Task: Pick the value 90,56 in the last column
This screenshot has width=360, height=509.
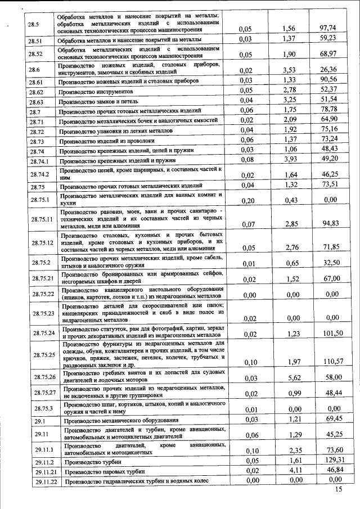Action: tap(327, 80)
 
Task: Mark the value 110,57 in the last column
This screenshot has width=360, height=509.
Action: tap(327, 361)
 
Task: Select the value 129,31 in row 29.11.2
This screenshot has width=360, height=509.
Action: tap(327, 460)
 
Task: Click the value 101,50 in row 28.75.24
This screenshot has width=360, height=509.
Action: tap(327, 333)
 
